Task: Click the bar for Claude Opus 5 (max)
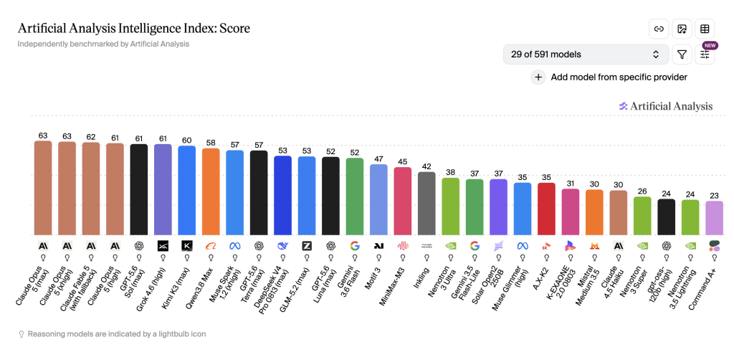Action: (x=43, y=188)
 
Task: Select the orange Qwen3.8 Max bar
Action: (x=211, y=191)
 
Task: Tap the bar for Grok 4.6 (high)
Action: (x=163, y=189)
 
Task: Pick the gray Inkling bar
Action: (x=426, y=203)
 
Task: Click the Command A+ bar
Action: (x=715, y=218)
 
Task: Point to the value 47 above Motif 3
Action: (x=378, y=159)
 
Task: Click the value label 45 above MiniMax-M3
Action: (x=403, y=162)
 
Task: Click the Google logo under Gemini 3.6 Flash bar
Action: (x=355, y=246)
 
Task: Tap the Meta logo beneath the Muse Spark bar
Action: (x=235, y=246)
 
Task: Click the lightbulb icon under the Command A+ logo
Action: (x=715, y=257)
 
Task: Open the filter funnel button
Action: (x=682, y=55)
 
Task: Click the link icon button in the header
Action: (x=659, y=29)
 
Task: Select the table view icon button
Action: (x=705, y=29)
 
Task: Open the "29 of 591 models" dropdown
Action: (x=586, y=55)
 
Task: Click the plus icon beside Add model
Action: (x=538, y=77)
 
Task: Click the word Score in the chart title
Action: (x=237, y=29)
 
